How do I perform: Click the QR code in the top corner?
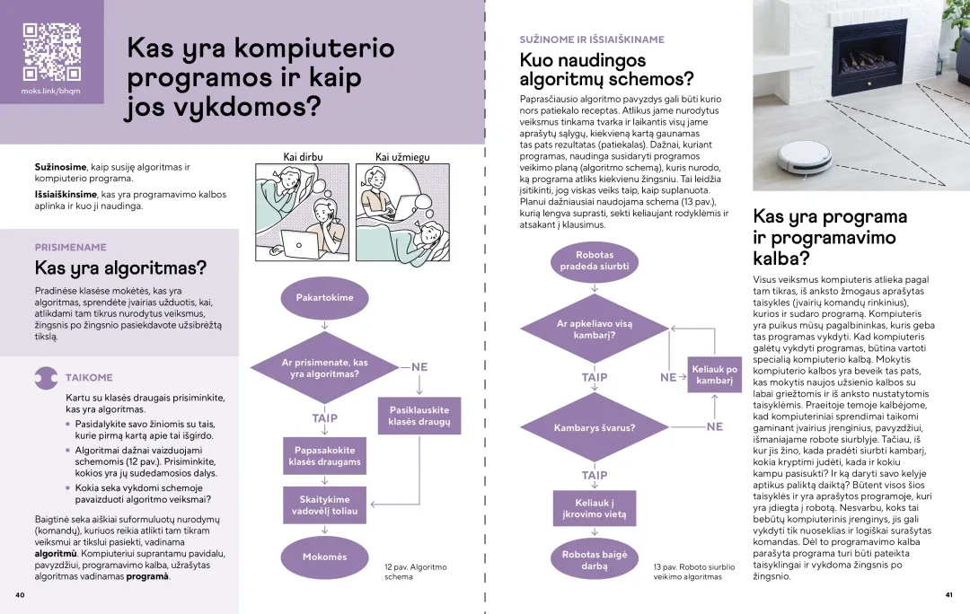[x=51, y=51]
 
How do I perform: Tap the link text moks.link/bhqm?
[x=51, y=92]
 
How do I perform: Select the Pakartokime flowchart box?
[x=324, y=297]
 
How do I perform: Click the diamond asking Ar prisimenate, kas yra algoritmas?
[x=324, y=367]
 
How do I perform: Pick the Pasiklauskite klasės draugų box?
[x=419, y=416]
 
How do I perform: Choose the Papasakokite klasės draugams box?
[x=324, y=456]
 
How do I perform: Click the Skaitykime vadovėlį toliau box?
[x=324, y=505]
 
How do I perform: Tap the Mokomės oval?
[x=324, y=557]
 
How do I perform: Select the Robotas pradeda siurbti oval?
[x=595, y=261]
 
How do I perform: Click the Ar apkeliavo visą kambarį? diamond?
[x=595, y=329]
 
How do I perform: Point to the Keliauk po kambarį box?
[x=715, y=375]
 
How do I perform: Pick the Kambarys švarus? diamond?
[x=595, y=427]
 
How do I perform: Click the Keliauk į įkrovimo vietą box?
[x=595, y=509]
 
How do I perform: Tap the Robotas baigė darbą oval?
[x=595, y=560]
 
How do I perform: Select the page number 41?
[x=948, y=594]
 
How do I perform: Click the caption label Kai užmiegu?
[x=401, y=157]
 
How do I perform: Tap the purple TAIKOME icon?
[x=46, y=378]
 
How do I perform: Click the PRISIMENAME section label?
[x=70, y=247]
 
